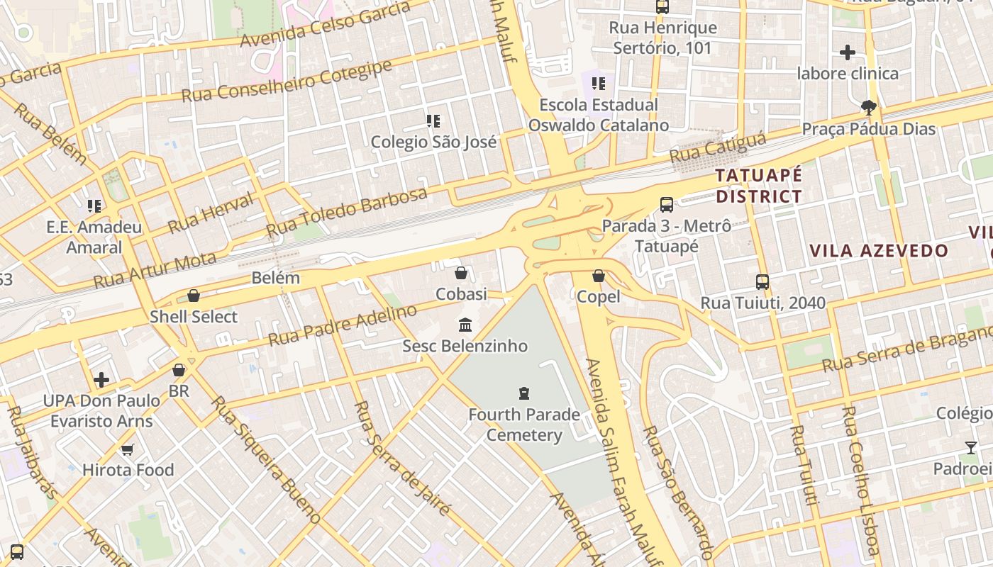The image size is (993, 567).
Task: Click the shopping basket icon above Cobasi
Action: pos(461,273)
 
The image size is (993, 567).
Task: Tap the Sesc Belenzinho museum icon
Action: pos(465,325)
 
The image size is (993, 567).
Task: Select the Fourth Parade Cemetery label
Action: pos(524,425)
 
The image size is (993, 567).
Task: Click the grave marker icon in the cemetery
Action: pos(524,393)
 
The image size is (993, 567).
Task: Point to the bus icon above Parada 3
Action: pos(667,205)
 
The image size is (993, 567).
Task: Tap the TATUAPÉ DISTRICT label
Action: pos(758,186)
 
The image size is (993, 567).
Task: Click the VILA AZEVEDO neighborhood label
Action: pos(879,250)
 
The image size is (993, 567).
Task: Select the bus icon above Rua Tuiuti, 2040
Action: pos(762,282)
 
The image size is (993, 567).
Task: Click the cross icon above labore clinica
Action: pos(848,52)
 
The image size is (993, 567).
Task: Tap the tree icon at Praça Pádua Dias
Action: pos(868,108)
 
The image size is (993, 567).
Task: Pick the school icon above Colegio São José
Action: pos(433,121)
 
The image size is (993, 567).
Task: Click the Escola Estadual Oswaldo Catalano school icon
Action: pos(599,84)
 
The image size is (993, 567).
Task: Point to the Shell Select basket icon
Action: pos(194,296)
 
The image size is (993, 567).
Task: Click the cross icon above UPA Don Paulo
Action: pos(101,380)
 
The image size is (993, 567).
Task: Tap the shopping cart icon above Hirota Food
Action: pos(128,449)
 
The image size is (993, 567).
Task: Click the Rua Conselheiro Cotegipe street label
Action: pos(287,81)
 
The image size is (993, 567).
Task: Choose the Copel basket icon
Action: pos(599,276)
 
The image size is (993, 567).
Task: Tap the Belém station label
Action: pos(276,278)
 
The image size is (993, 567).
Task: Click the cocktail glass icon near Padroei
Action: pos(971,448)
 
